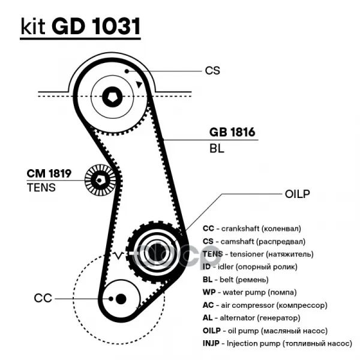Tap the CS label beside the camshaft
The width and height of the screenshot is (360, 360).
pyautogui.click(x=212, y=70)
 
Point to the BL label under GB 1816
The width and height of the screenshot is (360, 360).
pyautogui.click(x=217, y=149)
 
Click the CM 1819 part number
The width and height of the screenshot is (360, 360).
pyautogui.click(x=49, y=174)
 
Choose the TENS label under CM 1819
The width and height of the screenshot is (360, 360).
pyautogui.click(x=41, y=187)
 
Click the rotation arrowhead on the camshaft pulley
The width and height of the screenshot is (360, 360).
pyautogui.click(x=139, y=85)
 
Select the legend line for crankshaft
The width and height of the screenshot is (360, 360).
pyautogui.click(x=251, y=229)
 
